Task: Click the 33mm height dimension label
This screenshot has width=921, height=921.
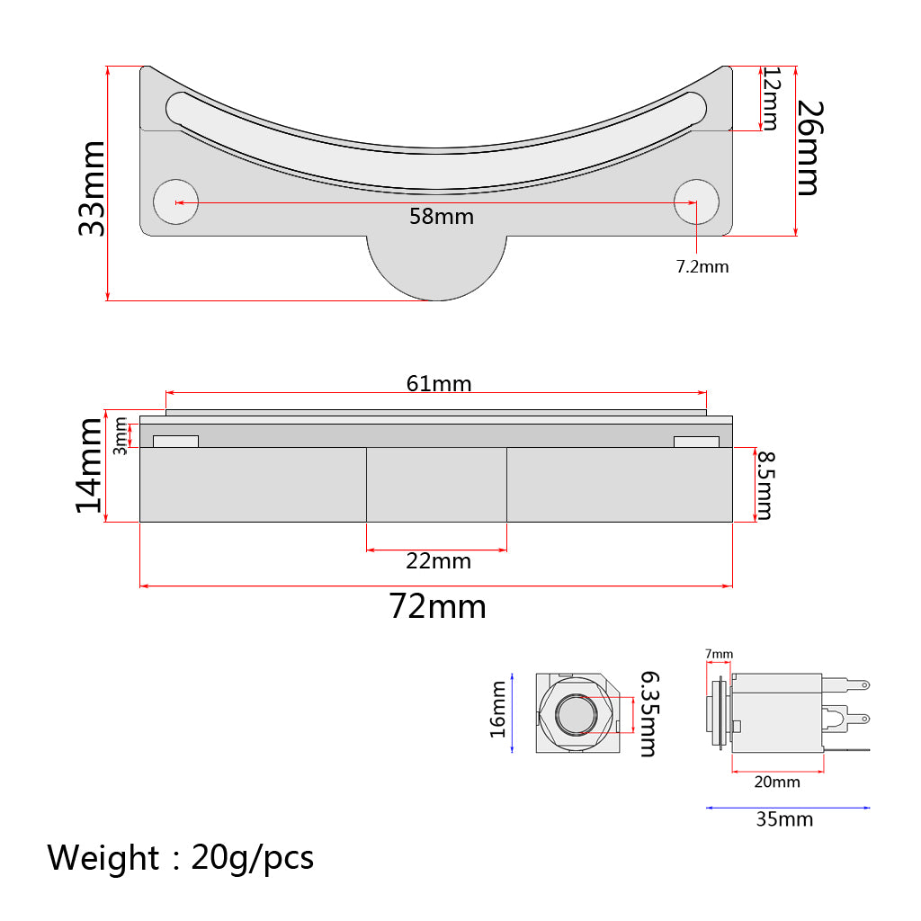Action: (93, 189)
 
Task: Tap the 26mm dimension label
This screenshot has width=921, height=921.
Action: (810, 148)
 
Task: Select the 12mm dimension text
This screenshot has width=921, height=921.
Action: (771, 99)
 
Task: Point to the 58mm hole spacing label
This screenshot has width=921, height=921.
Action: (442, 217)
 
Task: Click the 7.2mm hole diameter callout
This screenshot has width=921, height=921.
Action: (702, 266)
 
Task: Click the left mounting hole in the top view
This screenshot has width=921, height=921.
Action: (175, 202)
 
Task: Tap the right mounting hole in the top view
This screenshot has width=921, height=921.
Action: (696, 202)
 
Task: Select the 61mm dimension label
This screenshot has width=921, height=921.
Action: (439, 383)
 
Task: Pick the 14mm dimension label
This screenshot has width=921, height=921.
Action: (90, 466)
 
